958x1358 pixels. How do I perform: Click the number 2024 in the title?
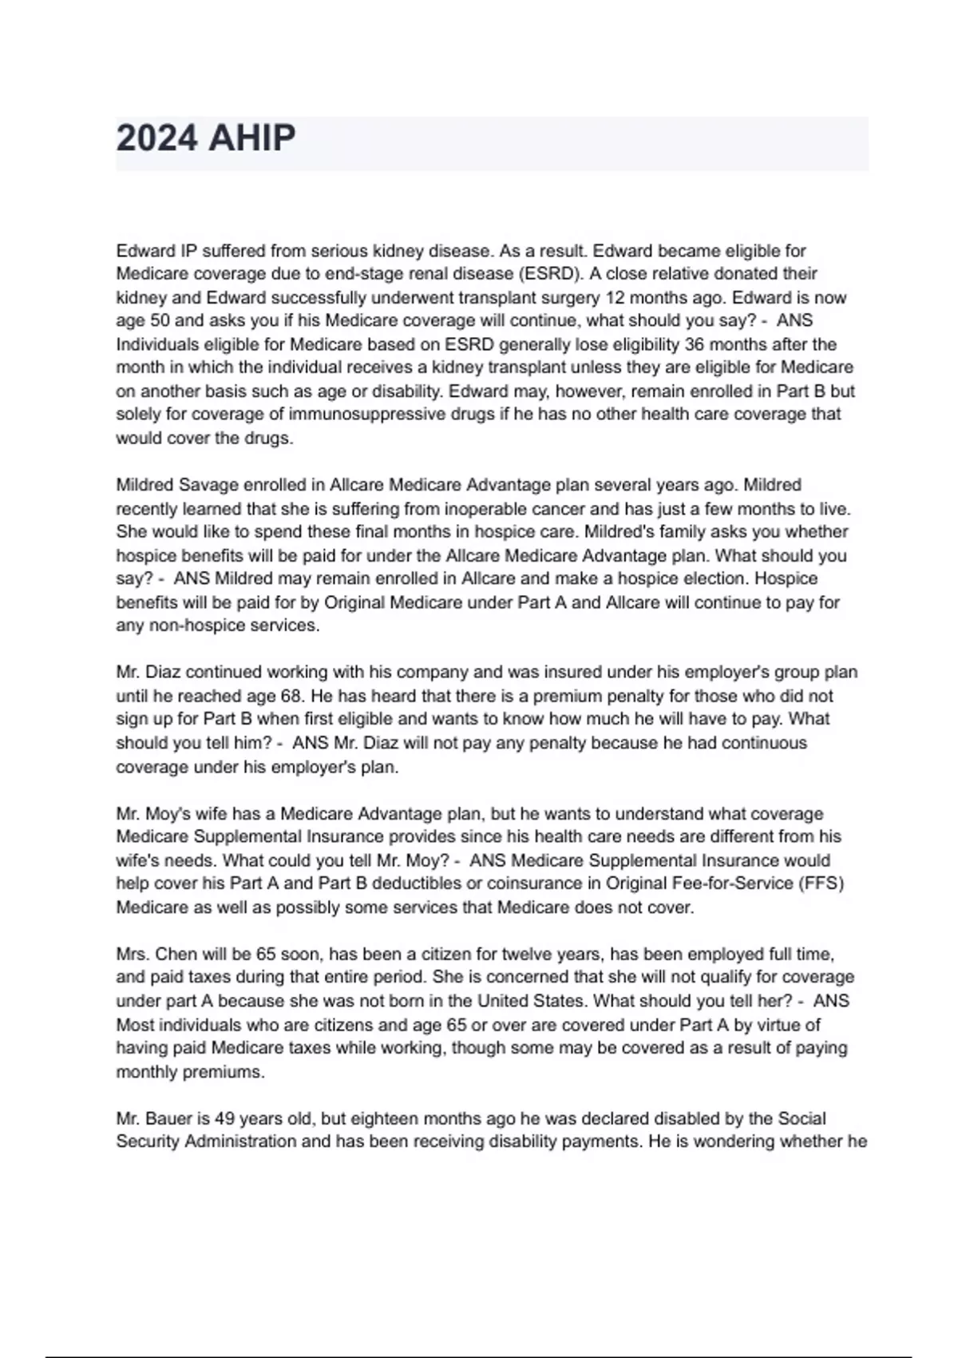(x=156, y=138)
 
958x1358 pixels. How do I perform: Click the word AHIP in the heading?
(x=251, y=138)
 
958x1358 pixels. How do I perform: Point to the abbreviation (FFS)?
(x=820, y=883)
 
